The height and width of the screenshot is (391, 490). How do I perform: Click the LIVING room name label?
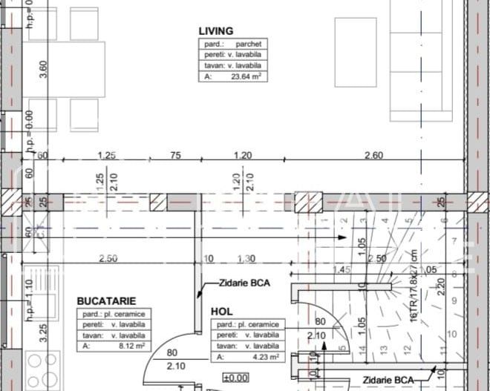216,31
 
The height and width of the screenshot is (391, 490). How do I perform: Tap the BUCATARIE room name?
105,301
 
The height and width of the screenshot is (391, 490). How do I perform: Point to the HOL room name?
221,312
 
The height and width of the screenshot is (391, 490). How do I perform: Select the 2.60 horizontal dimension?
375,155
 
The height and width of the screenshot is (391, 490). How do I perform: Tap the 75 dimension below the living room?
175,155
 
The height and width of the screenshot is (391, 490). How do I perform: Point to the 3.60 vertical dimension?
43,68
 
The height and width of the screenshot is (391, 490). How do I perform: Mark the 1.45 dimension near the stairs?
342,269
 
